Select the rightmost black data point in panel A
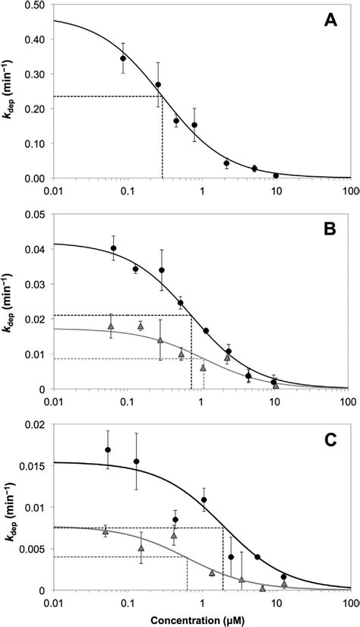(x=276, y=175)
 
